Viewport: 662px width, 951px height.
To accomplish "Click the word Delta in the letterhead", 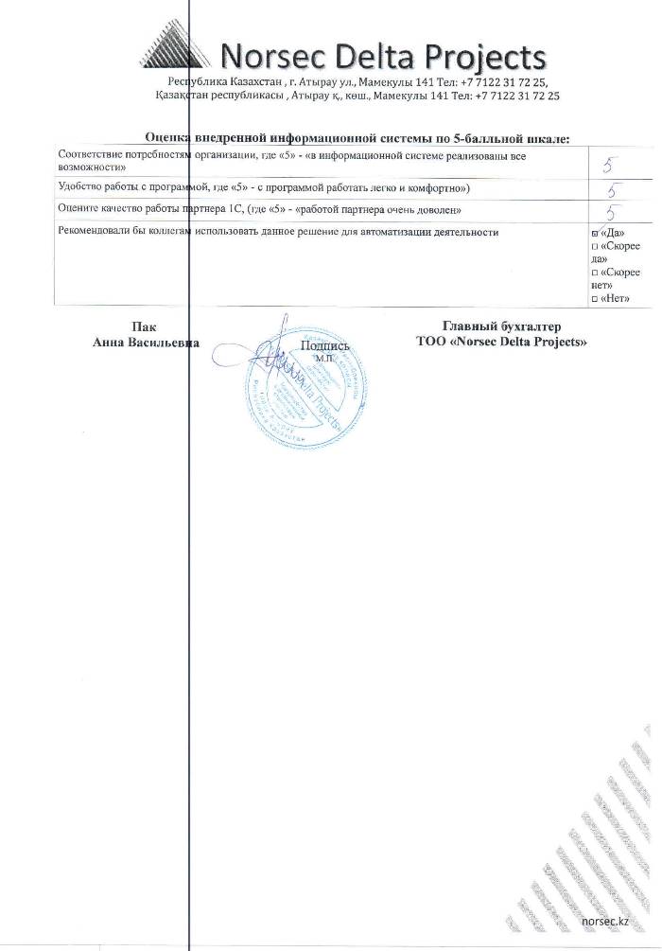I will pos(363,56).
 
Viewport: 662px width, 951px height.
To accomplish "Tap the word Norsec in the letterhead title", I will pos(268,56).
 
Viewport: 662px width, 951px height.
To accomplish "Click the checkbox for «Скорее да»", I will pos(594,246).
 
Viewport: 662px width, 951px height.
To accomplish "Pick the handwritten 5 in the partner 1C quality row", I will pos(613,211).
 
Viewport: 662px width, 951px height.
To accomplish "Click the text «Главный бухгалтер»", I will pos(501,326).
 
